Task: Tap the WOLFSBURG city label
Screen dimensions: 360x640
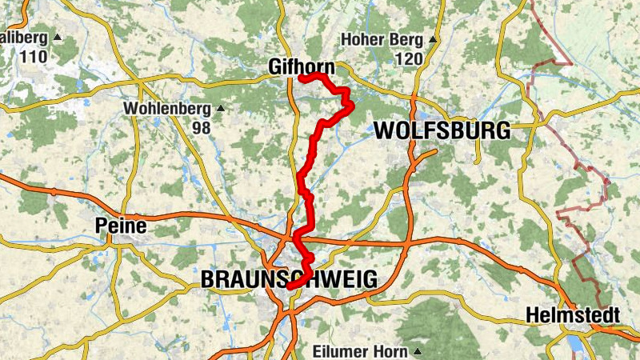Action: coord(442,130)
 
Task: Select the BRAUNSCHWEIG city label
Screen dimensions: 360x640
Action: coord(289,279)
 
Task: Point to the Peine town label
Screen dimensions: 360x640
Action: coord(120,226)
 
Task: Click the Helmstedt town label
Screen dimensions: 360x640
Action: coord(573,316)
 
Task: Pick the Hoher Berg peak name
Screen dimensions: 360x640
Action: coord(381,38)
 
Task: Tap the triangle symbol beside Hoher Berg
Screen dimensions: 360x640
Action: coord(433,38)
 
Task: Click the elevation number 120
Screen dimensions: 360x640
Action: coord(408,58)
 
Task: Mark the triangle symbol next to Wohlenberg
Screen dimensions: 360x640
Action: coord(221,108)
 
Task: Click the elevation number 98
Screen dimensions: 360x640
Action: coord(201,128)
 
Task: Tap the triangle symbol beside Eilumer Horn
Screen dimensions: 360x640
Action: coord(417,351)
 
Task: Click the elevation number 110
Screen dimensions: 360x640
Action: coord(35,58)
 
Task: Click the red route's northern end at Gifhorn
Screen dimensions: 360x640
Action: coord(300,78)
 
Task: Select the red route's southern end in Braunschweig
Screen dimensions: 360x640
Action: coord(289,286)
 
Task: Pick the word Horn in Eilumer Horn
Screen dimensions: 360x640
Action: coord(391,351)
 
